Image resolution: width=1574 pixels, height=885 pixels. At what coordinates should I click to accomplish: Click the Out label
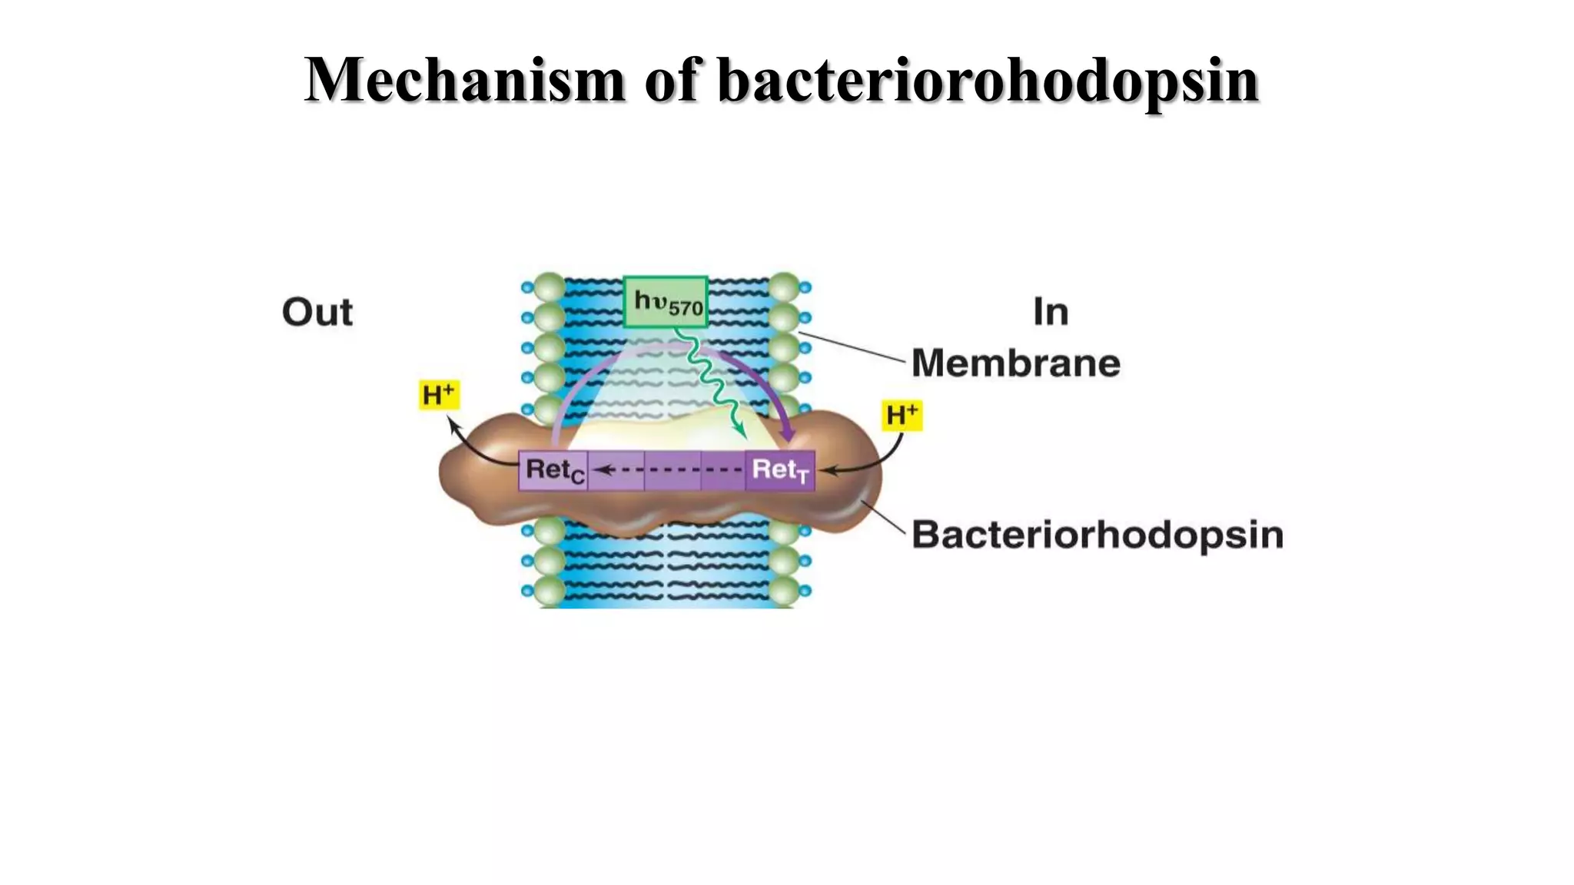(x=317, y=312)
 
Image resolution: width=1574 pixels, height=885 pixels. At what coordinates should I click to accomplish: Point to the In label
(x=1051, y=312)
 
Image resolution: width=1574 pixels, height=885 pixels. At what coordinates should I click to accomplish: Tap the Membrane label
(x=1015, y=363)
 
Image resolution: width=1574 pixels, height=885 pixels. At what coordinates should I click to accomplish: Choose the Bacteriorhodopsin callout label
(x=1097, y=535)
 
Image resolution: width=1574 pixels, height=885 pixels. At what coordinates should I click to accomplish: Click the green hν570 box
(x=666, y=302)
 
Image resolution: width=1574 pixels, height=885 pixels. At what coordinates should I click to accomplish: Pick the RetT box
(x=779, y=470)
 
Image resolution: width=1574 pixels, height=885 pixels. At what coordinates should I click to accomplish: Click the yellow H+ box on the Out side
(x=439, y=395)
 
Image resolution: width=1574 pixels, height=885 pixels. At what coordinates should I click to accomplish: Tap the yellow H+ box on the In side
(x=902, y=415)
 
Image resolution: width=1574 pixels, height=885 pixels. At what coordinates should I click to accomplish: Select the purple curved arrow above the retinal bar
(x=669, y=350)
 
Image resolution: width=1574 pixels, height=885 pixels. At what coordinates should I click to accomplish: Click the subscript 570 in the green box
(x=686, y=309)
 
